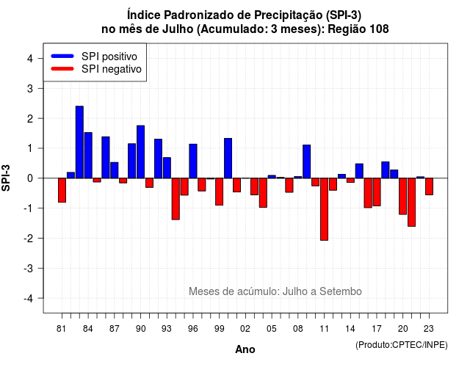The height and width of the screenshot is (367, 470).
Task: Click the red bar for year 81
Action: pos(62,190)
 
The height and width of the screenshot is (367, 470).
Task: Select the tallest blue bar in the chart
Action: pos(79,142)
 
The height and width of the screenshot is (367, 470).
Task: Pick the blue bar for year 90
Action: pos(140,152)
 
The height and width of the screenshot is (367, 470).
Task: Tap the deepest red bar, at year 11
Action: pos(324,209)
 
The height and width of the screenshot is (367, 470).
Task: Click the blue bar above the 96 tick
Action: pos(193,161)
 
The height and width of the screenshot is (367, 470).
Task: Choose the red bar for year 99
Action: pos(219,192)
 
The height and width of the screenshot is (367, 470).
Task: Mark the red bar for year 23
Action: pos(429,186)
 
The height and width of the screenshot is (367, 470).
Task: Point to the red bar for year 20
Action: pos(402,196)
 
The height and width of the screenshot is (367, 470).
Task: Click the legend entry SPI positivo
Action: pos(109,57)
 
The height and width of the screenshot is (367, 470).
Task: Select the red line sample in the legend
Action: pos(62,69)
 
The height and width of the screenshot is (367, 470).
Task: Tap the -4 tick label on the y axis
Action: pos(29,298)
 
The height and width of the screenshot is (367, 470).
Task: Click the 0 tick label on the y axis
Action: pos(29,178)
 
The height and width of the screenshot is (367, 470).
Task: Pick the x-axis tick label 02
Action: pos(245,329)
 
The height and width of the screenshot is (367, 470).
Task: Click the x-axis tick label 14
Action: pos(350,329)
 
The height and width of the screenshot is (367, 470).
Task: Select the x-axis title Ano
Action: pos(245,349)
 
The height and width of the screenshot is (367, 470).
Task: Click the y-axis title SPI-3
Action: pos(6,178)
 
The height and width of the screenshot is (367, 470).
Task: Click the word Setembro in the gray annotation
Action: pos(341,291)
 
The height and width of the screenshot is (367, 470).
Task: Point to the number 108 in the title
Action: pos(379,29)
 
